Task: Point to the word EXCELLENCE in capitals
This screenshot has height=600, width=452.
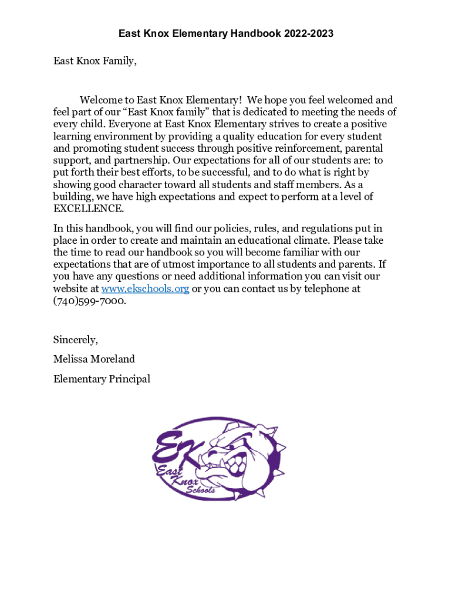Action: point(89,209)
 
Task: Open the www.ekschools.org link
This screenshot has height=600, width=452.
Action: point(145,289)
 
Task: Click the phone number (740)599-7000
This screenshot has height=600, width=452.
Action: point(89,301)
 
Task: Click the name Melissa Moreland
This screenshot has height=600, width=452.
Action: point(94,359)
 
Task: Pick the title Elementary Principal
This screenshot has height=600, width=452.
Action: point(102,379)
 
